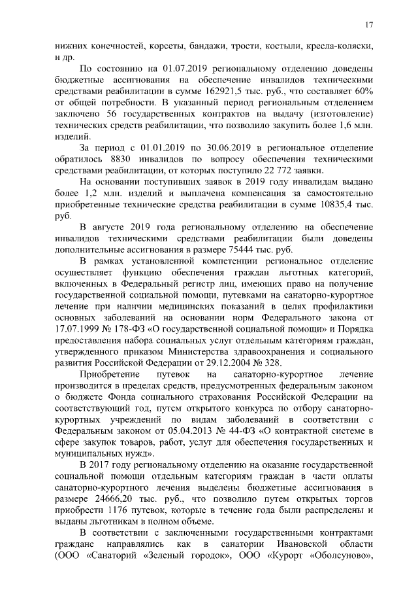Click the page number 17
tap(369, 25)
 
